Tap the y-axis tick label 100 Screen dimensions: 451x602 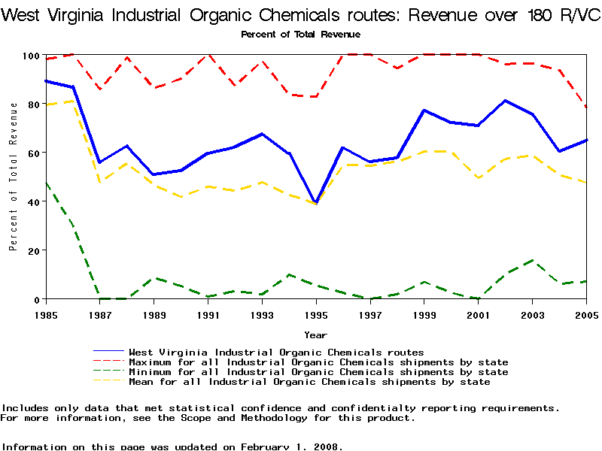[x=31, y=56]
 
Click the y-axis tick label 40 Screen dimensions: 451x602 [x=34, y=201]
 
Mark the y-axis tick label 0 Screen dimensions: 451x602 [x=37, y=299]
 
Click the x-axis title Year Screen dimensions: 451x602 [x=315, y=334]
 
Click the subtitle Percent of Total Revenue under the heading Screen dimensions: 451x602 [x=300, y=34]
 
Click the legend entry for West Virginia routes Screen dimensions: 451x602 [x=276, y=352]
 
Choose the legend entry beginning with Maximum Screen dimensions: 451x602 [x=318, y=362]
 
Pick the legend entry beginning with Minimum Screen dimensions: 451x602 [x=318, y=372]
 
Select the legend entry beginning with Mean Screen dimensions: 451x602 [x=309, y=382]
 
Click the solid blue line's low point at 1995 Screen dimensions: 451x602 [x=316, y=203]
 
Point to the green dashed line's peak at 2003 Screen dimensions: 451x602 [x=533, y=261]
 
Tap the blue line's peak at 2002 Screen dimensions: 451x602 [x=506, y=101]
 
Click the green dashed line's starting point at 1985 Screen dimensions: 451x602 [x=46, y=183]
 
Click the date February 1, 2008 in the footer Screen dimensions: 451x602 [x=290, y=446]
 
